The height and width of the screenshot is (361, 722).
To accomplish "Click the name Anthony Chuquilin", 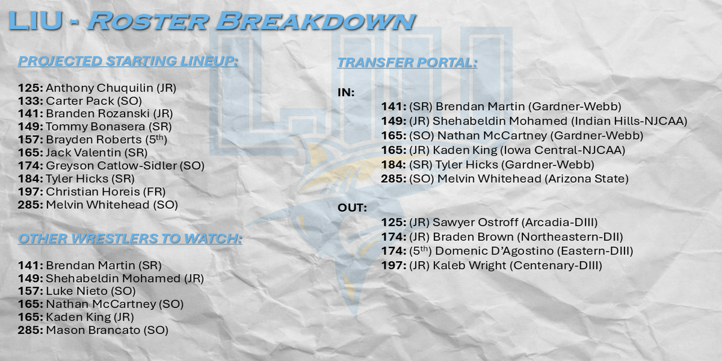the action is (x=99, y=88).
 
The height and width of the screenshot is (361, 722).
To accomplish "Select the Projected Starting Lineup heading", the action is (x=128, y=61).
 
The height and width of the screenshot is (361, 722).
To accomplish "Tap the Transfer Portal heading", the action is (x=407, y=63).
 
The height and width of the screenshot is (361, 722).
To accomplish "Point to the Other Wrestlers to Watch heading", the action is (x=130, y=238).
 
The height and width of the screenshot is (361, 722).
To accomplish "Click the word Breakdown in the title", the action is (x=316, y=21).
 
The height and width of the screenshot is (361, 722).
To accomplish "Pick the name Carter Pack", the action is (x=80, y=101).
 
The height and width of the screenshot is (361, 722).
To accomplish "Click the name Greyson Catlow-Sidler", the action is (x=111, y=165).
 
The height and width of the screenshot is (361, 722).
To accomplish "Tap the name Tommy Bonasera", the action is (x=96, y=127).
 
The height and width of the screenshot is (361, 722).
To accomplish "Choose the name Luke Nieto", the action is (x=77, y=291).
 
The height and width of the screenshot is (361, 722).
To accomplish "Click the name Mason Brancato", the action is (x=93, y=330).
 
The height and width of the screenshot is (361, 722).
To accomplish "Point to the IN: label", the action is (x=346, y=93).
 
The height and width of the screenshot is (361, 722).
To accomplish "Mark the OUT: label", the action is (x=352, y=208).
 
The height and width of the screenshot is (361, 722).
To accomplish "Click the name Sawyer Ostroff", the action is (x=475, y=222).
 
